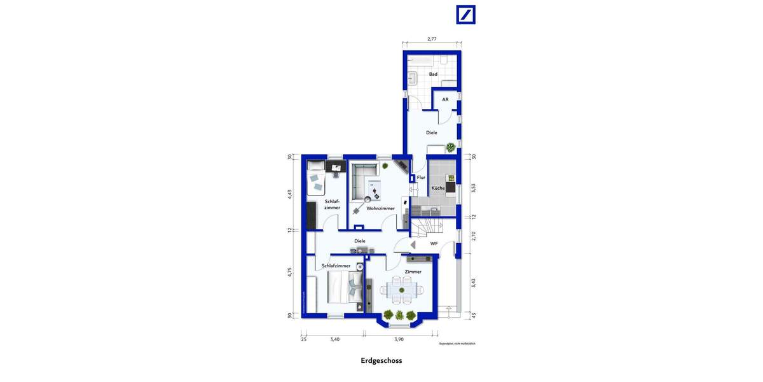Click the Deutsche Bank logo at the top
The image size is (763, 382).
pos(465,15)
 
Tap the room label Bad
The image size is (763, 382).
pos(433,74)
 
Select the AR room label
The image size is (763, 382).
pos(445,100)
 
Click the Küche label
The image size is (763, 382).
pos(438,188)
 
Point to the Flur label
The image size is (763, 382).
pos(421,178)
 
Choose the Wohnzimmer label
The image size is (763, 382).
pos(381,208)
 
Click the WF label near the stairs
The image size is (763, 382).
pos(434,244)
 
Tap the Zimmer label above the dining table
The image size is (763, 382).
pos(413,272)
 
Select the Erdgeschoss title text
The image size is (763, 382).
pos(381,360)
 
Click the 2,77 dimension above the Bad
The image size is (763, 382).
pos(432,39)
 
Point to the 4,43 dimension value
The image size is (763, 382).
pos(289,194)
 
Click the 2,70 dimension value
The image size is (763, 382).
pos(473,236)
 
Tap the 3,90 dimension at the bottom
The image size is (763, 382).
pos(399,339)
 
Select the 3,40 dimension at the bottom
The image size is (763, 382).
pos(334,339)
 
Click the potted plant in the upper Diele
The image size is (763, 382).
pos(451,148)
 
